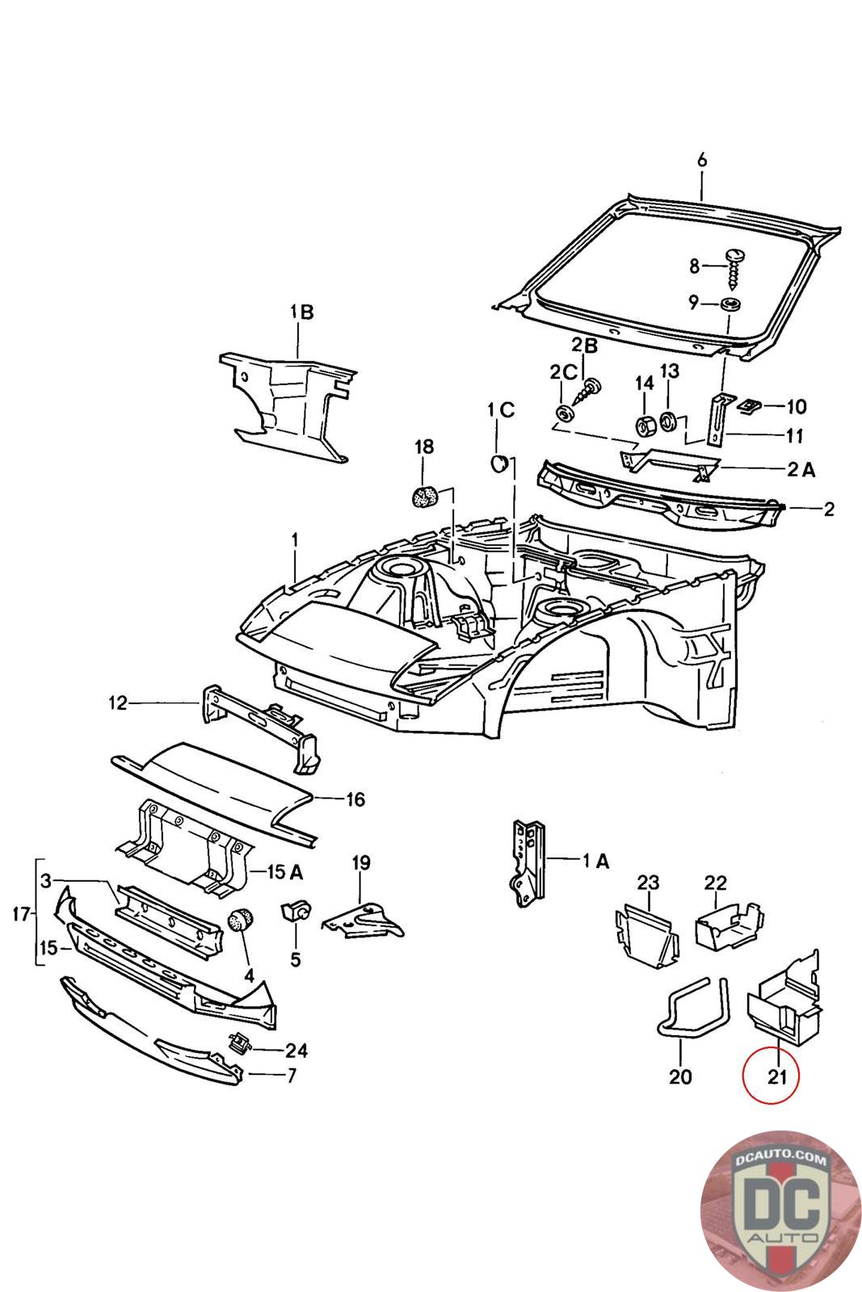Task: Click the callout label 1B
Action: pos(302,312)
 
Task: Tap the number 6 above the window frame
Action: pos(701,161)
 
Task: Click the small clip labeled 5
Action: pos(294,912)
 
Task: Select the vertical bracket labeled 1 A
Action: pos(526,862)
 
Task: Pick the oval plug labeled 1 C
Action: pos(499,461)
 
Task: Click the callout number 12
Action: pos(118,703)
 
